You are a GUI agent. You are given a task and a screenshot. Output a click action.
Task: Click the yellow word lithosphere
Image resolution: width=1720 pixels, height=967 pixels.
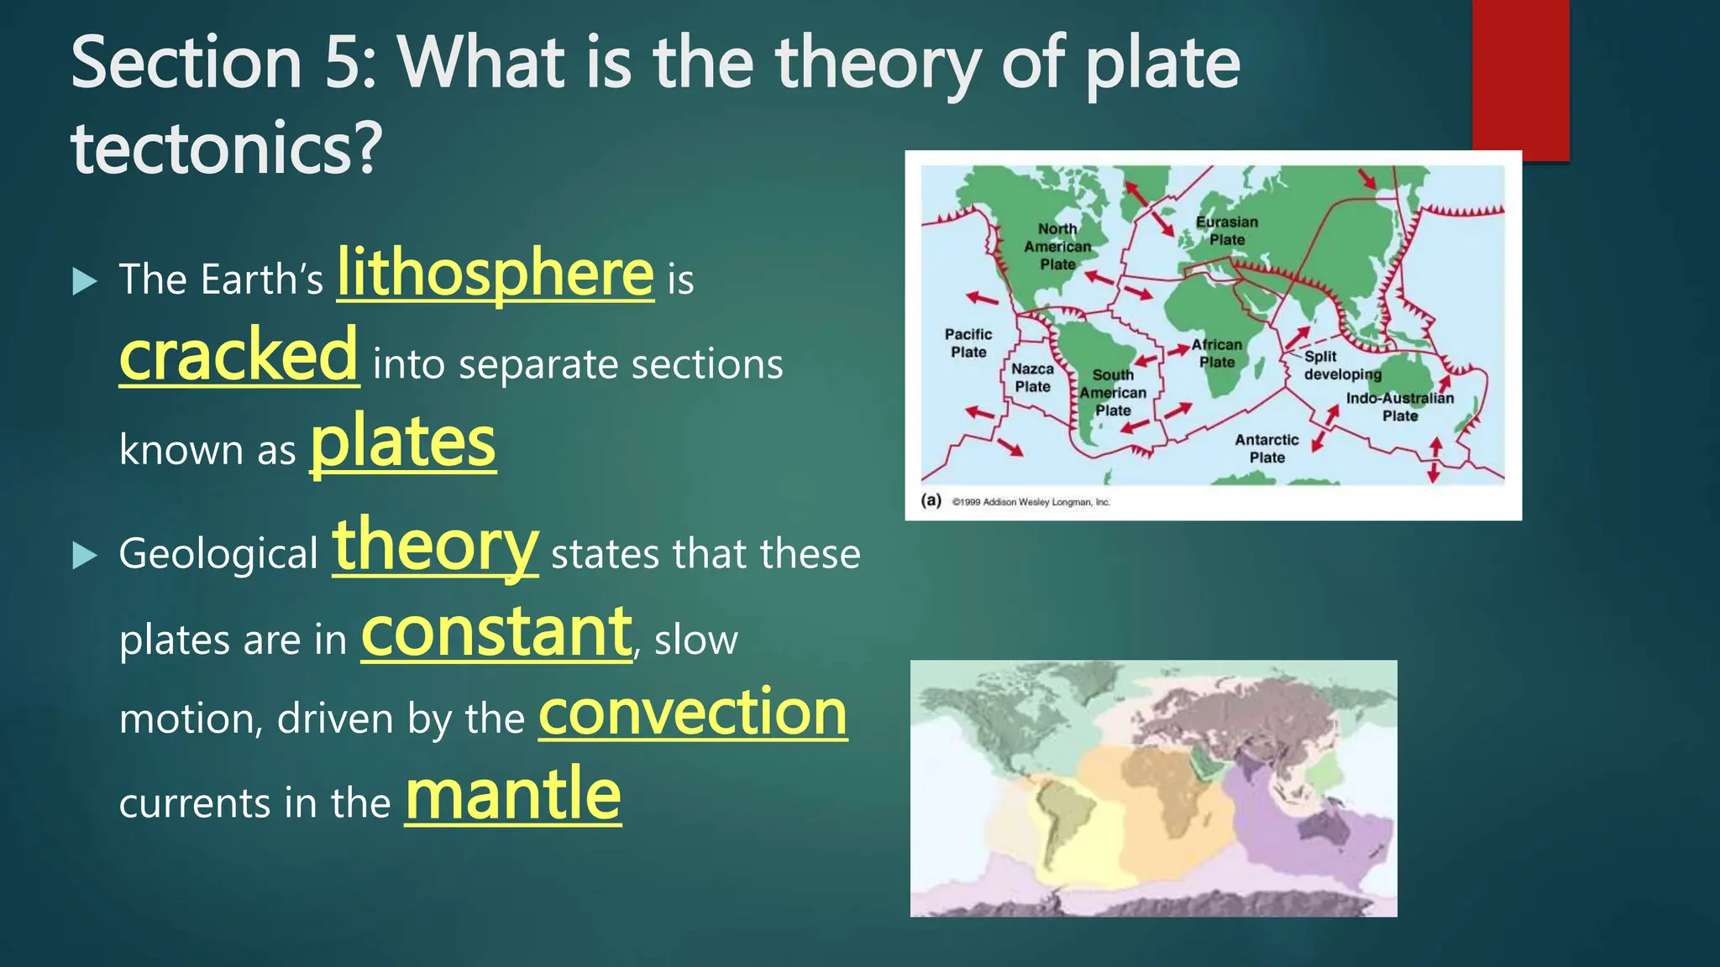tap(495, 274)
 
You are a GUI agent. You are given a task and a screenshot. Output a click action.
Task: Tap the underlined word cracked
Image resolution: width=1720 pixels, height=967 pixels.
tap(239, 356)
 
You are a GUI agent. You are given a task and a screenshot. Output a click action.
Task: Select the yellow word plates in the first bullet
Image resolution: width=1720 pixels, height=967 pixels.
tap(403, 443)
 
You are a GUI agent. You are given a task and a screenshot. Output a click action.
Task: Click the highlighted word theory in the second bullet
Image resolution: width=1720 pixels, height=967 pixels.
tap(435, 546)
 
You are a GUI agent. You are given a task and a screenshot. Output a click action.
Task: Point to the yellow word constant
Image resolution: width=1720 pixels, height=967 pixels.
tap(496, 633)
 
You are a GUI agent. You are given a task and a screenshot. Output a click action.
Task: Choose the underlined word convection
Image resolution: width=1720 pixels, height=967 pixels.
tap(693, 713)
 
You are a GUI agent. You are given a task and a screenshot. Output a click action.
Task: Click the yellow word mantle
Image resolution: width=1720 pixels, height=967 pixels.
tap(513, 795)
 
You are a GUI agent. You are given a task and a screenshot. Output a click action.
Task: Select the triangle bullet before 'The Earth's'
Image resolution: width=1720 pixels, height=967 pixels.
tap(85, 281)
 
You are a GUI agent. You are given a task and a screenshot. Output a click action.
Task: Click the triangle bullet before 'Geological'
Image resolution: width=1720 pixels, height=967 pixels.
tap(85, 555)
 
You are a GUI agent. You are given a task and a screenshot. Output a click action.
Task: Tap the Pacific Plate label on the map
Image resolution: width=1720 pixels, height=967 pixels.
tap(968, 343)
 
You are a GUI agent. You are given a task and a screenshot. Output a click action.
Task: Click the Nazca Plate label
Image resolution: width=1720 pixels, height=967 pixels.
tap(1032, 378)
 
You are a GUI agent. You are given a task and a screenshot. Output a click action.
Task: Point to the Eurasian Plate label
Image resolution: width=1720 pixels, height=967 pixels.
tap(1227, 231)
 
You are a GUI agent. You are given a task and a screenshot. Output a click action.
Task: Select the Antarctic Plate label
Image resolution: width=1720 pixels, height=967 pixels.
tap(1266, 448)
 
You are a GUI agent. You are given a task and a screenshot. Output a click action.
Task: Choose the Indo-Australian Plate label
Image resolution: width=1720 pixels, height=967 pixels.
tap(1400, 407)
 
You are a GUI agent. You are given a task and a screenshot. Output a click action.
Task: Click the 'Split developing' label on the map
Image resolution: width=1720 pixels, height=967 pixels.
tap(1342, 365)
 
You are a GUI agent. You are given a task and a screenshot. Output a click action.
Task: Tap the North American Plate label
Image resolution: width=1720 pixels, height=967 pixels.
tap(1057, 246)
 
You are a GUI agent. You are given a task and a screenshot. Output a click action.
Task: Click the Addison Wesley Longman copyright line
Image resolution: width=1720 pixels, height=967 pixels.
tap(1030, 502)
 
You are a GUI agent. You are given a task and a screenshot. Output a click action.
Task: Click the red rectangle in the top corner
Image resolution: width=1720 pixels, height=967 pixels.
tap(1520, 80)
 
